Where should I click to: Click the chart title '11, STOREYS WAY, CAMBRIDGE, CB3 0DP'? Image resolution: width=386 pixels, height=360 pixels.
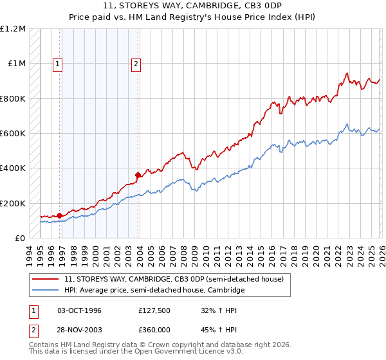pyautogui.click(x=193, y=5)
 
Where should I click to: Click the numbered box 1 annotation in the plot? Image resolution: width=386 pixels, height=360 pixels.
pyautogui.click(x=59, y=64)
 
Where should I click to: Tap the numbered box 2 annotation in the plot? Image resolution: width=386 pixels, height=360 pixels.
pyautogui.click(x=137, y=64)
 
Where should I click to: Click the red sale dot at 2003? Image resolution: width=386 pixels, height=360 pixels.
pyautogui.click(x=138, y=175)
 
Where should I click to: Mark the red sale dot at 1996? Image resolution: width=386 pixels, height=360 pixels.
pyautogui.click(x=60, y=216)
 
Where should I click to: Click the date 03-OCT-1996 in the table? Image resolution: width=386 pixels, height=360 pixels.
pyautogui.click(x=79, y=310)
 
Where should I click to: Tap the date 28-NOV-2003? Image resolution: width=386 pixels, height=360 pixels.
pyautogui.click(x=79, y=329)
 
